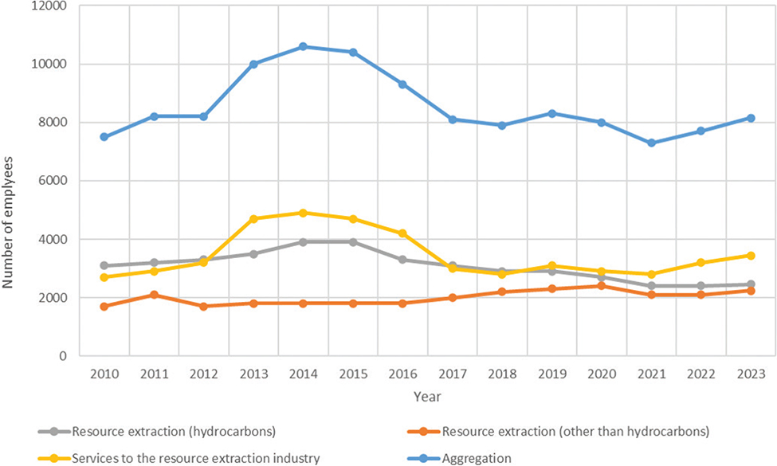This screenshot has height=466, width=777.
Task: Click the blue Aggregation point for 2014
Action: (x=303, y=47)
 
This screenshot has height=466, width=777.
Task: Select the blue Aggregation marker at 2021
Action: (x=651, y=143)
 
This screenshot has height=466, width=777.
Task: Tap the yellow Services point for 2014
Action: (x=303, y=213)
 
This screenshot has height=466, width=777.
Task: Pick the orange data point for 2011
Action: (x=154, y=295)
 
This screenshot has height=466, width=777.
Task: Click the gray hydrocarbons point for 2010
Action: (x=104, y=265)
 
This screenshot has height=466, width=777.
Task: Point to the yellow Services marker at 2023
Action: (x=751, y=256)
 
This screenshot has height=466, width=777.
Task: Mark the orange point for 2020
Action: (x=602, y=286)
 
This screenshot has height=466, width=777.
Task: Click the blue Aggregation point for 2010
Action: (x=104, y=137)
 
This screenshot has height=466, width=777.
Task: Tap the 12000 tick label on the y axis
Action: (x=51, y=6)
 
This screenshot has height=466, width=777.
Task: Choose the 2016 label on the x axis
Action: (x=402, y=374)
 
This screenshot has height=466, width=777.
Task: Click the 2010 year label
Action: (x=104, y=374)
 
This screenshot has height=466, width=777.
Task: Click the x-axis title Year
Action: (x=426, y=396)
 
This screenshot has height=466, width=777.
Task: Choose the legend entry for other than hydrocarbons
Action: (x=566, y=432)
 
